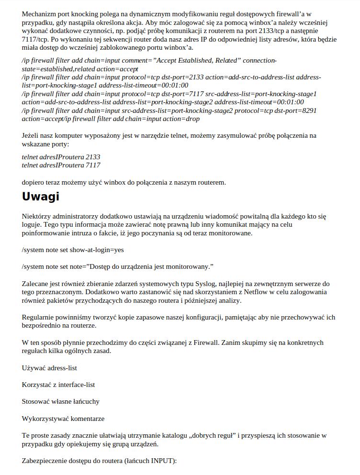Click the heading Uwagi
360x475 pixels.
(x=41, y=197)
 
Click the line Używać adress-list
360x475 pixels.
(x=49, y=368)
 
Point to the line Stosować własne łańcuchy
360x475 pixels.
(x=60, y=402)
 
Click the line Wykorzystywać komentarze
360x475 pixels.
(x=63, y=419)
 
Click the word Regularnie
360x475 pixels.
(x=38, y=317)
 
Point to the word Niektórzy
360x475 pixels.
(x=37, y=216)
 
